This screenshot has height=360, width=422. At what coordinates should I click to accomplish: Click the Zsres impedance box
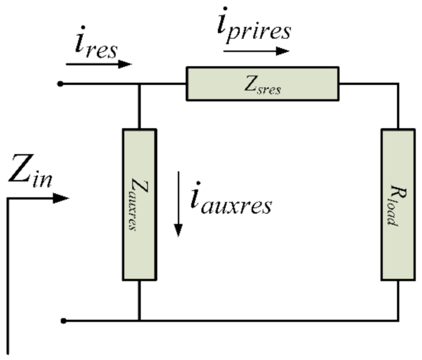263,84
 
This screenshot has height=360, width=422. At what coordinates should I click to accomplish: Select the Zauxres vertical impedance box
139,204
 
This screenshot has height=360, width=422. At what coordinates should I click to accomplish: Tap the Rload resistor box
398,204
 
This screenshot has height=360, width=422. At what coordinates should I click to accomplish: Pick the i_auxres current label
230,201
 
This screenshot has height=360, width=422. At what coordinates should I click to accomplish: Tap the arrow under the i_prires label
256,51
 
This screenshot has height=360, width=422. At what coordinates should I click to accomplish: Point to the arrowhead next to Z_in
61,198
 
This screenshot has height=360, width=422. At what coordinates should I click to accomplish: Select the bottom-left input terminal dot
64,320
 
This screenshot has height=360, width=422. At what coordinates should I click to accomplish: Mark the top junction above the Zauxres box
139,84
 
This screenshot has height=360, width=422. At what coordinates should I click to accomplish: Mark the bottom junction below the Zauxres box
139,320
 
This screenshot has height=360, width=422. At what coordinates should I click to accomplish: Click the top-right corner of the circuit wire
398,84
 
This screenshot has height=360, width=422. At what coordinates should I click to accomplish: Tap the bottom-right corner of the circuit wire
398,320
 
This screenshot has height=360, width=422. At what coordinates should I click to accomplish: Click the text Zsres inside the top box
263,86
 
